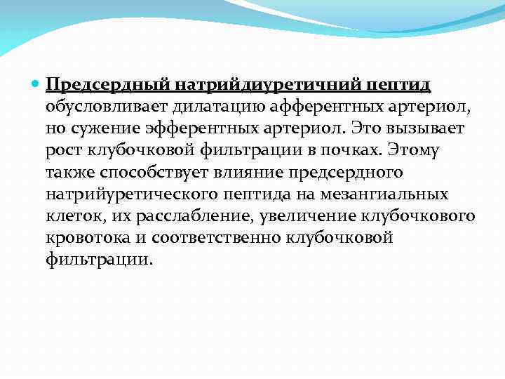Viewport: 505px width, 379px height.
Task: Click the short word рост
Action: (x=63, y=151)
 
